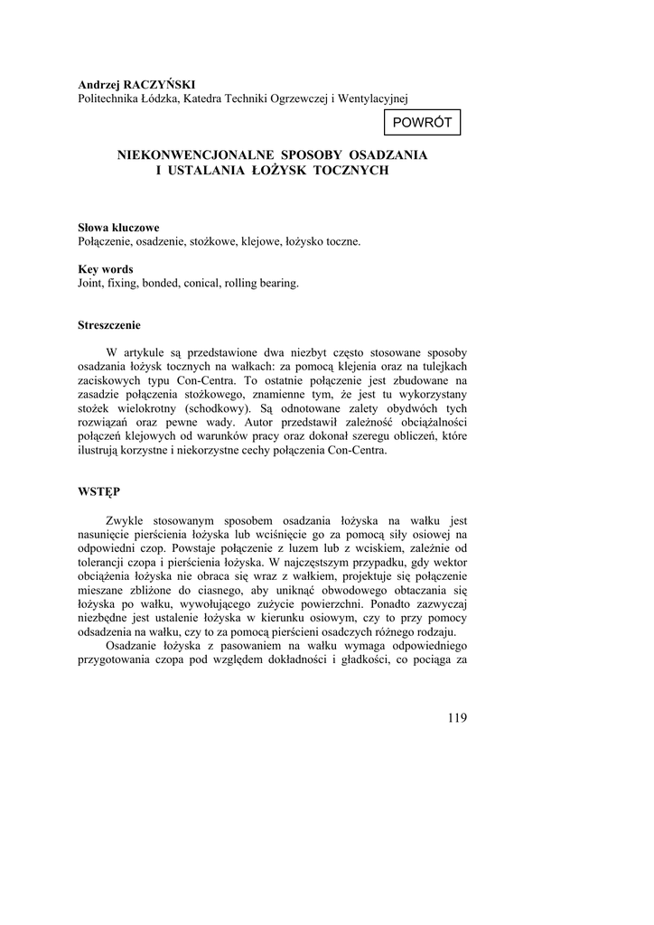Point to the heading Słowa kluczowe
118,228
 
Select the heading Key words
106,269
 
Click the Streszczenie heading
109,325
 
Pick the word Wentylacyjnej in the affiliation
376,98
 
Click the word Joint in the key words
92,283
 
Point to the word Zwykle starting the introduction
126,520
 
